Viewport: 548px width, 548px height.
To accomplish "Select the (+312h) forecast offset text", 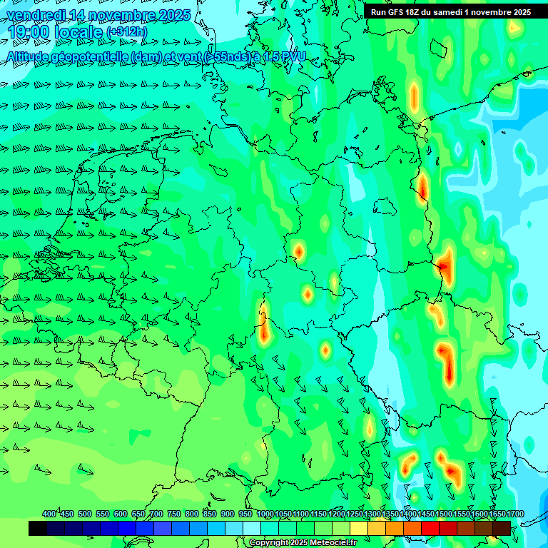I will pyautogui.click(x=126, y=33).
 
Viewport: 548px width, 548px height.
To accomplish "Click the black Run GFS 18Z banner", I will pyautogui.click(x=450, y=12).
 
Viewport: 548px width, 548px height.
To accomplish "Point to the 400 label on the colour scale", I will pyautogui.click(x=49, y=514).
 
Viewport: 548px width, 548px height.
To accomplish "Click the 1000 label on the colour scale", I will pyautogui.click(x=265, y=514).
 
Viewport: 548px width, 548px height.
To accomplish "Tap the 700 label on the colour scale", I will pyautogui.click(x=156, y=514).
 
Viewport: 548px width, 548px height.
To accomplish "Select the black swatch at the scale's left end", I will pyautogui.click(x=38, y=529).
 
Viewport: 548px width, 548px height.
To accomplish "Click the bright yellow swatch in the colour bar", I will pyautogui.click(x=359, y=529).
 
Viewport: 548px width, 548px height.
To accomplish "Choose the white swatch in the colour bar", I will pyautogui.click(x=252, y=529).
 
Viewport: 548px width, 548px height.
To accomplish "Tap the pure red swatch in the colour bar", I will pyautogui.click(x=430, y=529).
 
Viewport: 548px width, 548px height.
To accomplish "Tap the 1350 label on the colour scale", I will pyautogui.click(x=390, y=514).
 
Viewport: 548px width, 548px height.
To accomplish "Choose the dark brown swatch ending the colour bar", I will pyautogui.click(x=502, y=529).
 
